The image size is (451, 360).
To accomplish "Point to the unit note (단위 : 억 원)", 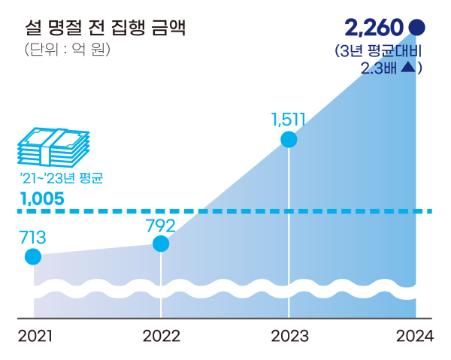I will click(x=67, y=51).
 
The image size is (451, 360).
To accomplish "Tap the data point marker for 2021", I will click(x=33, y=257).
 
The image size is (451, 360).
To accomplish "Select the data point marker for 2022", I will click(x=161, y=244).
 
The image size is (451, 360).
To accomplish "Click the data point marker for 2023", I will click(x=288, y=140).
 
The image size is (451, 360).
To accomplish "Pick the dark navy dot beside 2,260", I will click(x=417, y=29).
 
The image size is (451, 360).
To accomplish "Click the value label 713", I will click(x=32, y=238).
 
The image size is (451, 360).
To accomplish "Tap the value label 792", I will click(x=160, y=225).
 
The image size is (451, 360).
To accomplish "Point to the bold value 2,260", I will click(x=376, y=29).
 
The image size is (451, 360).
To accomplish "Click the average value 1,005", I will click(x=41, y=199).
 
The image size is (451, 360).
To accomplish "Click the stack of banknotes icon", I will click(x=53, y=146).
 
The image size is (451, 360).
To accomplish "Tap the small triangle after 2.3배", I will click(x=407, y=68).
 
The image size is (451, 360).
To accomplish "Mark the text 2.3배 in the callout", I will click(x=379, y=68).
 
